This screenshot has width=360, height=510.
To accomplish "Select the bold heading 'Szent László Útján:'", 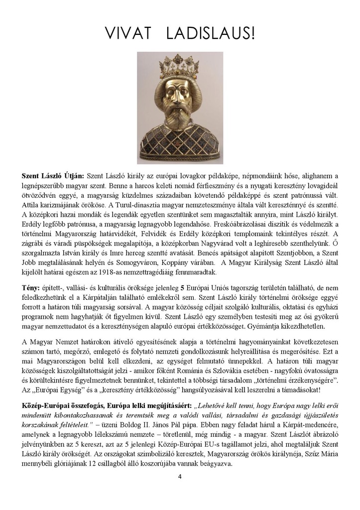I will tap(53, 176).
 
